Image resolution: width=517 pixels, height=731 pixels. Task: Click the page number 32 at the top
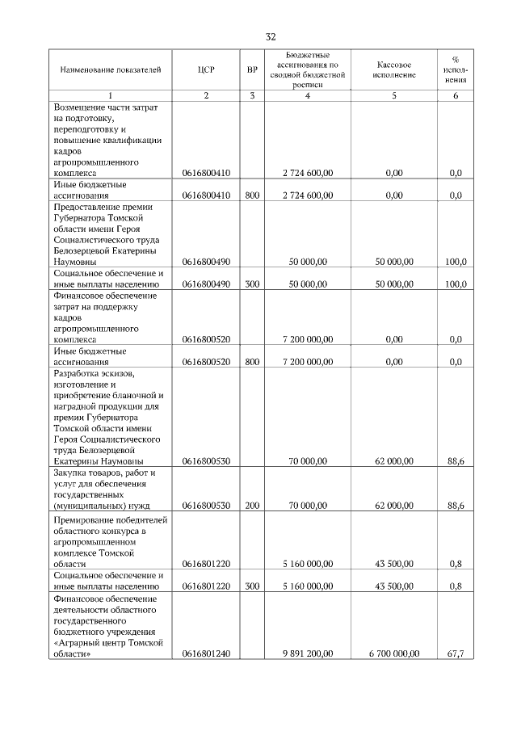pyautogui.click(x=271, y=36)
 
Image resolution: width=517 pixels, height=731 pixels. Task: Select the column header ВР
pyautogui.click(x=252, y=70)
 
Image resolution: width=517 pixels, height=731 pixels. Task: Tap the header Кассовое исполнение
pyautogui.click(x=393, y=69)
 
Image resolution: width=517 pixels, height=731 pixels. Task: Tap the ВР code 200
pyautogui.click(x=252, y=506)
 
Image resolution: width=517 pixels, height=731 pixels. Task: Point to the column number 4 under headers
pyautogui.click(x=308, y=96)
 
